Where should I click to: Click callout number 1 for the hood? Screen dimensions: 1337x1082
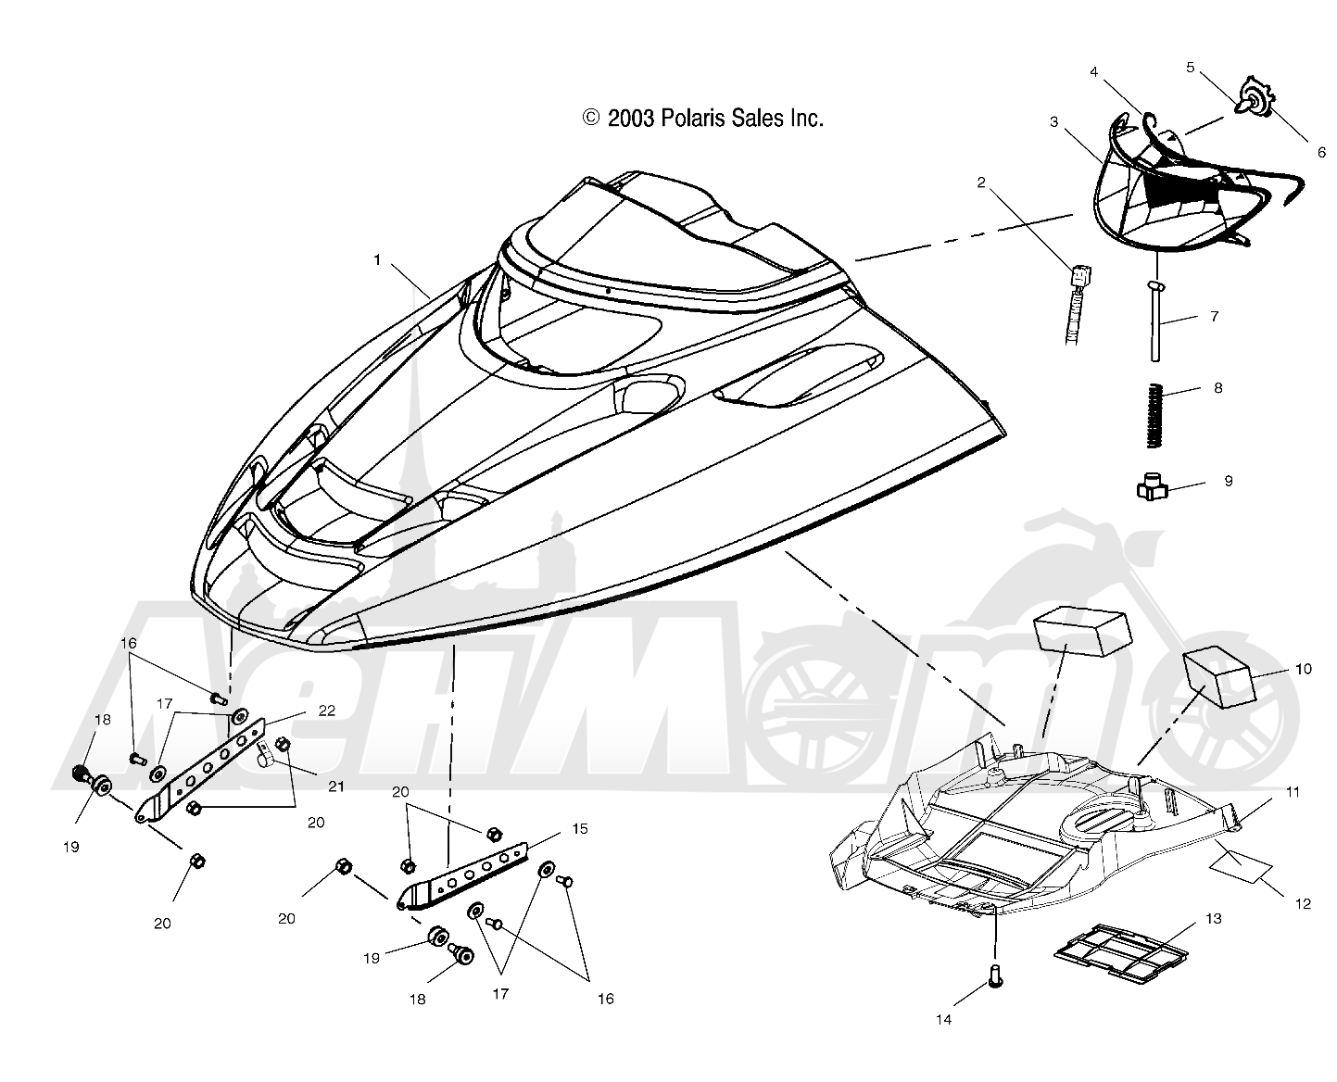click(376, 259)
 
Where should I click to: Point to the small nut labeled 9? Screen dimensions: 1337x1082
click(1152, 486)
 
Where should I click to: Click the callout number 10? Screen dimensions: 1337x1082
click(1303, 669)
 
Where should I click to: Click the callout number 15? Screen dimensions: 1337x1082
click(579, 828)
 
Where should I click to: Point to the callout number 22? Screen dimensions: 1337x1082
click(326, 710)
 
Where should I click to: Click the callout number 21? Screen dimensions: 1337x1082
click(335, 786)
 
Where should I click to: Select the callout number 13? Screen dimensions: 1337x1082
click(1213, 918)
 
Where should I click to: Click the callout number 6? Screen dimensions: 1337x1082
click(1321, 152)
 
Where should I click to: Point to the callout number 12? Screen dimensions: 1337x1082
click(1303, 904)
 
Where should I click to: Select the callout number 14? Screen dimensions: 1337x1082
click(943, 1020)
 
